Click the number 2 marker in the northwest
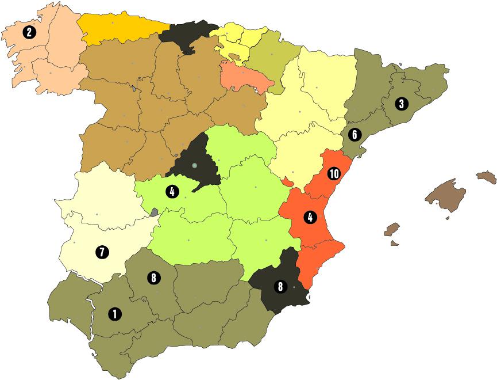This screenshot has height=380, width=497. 28,32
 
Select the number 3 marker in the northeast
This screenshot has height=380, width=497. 402,104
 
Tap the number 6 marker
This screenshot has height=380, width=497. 354,135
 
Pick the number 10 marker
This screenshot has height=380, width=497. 334,173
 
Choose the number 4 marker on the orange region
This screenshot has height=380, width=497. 310,218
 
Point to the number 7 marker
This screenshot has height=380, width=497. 101,252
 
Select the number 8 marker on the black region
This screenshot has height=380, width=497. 280,286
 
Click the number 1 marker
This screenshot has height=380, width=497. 114,314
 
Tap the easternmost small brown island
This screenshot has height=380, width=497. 486,176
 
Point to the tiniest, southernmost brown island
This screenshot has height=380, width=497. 394,243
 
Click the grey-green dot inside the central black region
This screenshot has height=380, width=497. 195,166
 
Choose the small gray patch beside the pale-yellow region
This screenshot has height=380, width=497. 153,212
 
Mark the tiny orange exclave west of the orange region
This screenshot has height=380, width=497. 287,183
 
